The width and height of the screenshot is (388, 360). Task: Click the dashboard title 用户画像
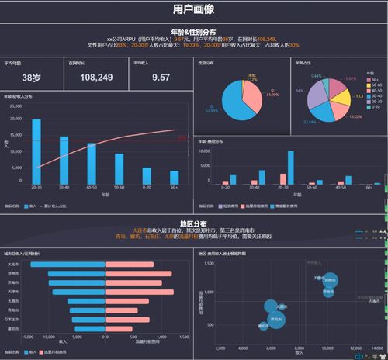click(x=193, y=10)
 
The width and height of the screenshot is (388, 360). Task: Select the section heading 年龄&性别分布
click(x=193, y=31)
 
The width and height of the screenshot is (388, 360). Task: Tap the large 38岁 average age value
click(x=32, y=78)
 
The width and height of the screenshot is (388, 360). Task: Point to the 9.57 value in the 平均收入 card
click(x=161, y=78)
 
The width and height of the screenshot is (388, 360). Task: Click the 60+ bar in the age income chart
click(x=175, y=177)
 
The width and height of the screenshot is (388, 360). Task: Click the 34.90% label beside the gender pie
click(x=272, y=94)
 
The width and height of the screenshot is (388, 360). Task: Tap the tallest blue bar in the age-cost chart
click(x=291, y=166)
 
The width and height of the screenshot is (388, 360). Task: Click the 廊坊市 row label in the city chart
click(x=13, y=328)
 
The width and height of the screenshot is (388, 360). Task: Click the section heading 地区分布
click(x=193, y=223)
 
